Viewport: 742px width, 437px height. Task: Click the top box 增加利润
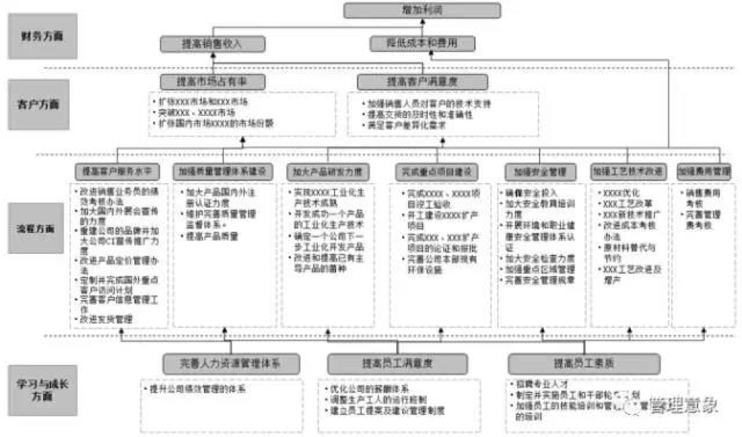(421, 10)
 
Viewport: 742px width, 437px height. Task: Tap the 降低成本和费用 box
(423, 44)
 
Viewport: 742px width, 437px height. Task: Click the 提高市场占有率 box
(212, 81)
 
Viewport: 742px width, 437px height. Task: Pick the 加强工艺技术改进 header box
(628, 171)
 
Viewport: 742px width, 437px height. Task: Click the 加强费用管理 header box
(703, 171)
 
